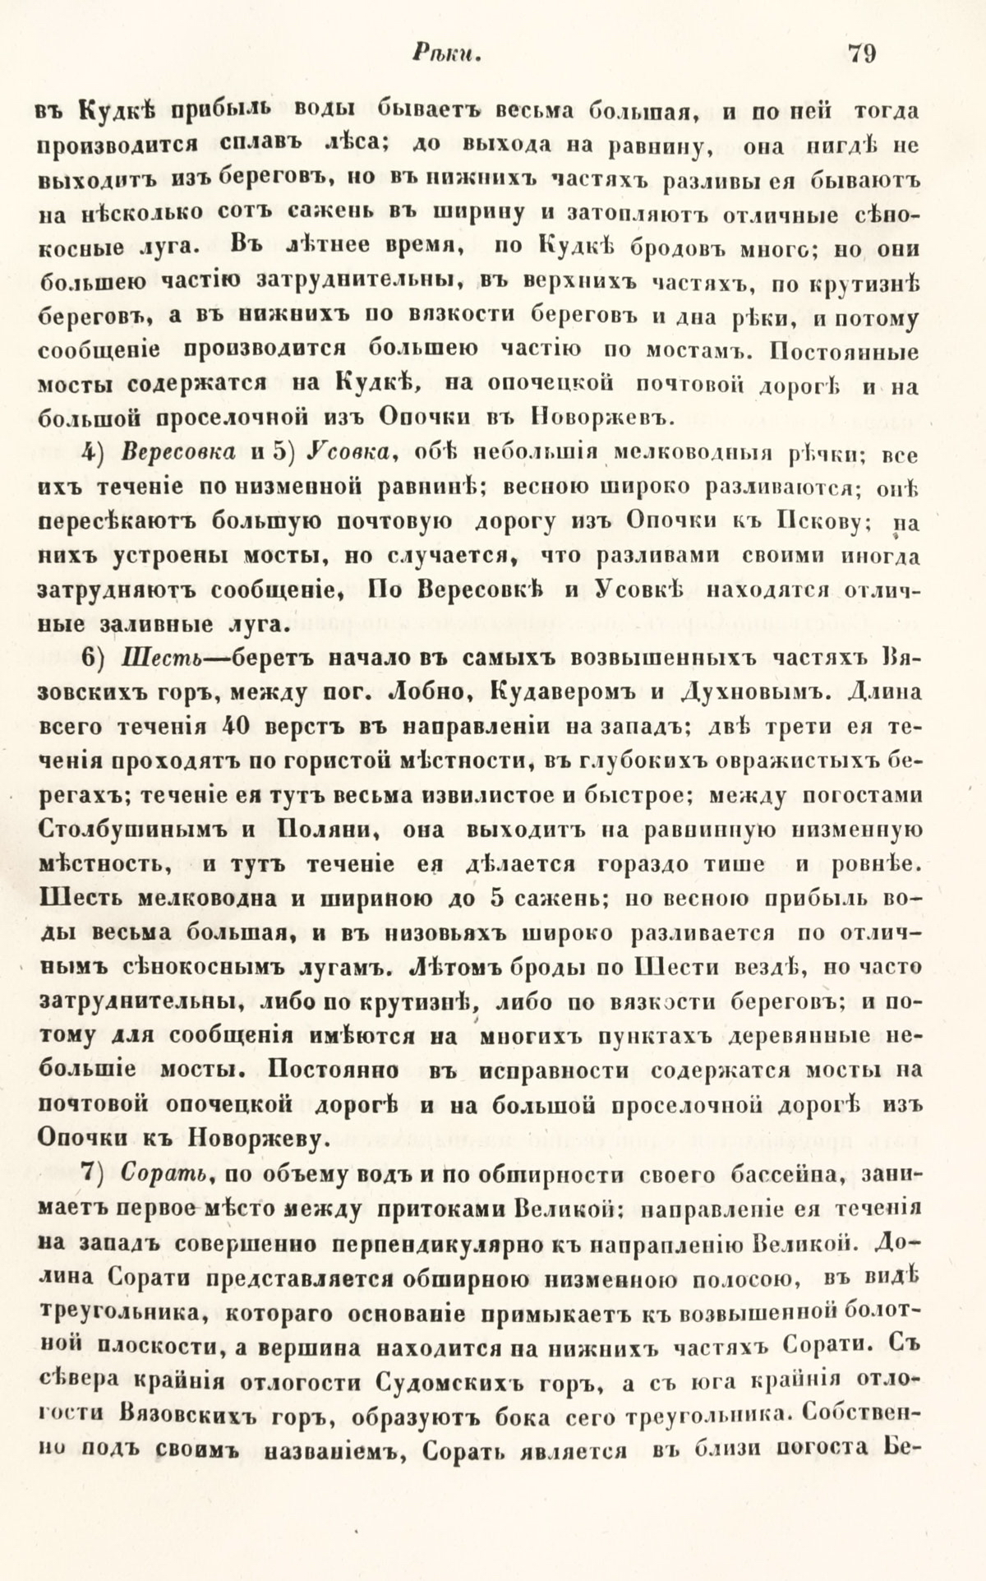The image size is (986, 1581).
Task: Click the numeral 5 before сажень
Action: [495, 899]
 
